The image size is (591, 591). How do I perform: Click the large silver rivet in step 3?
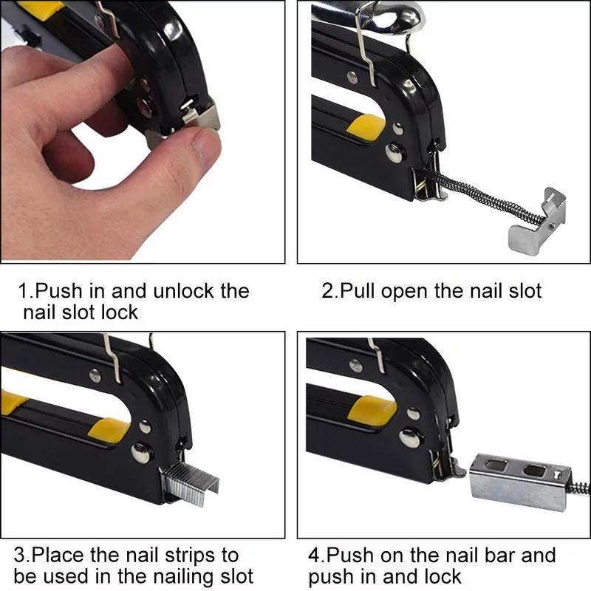point(140,452)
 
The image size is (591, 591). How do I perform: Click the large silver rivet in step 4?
point(410,437)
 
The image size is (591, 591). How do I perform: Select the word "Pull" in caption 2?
point(355,290)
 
